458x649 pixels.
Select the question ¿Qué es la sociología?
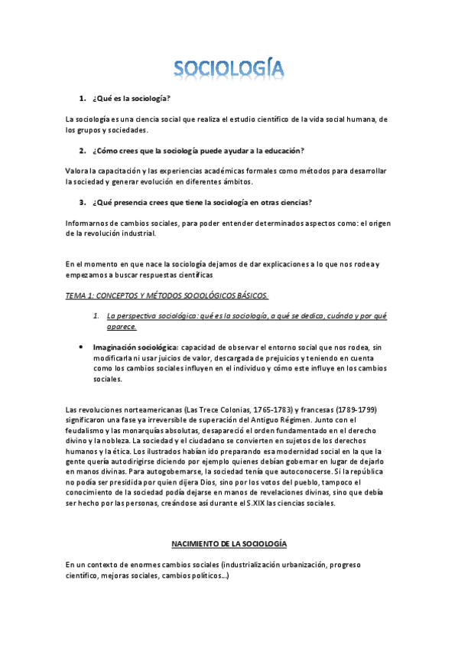pyautogui.click(x=131, y=99)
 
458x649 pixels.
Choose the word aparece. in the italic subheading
pyautogui.click(x=122, y=327)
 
